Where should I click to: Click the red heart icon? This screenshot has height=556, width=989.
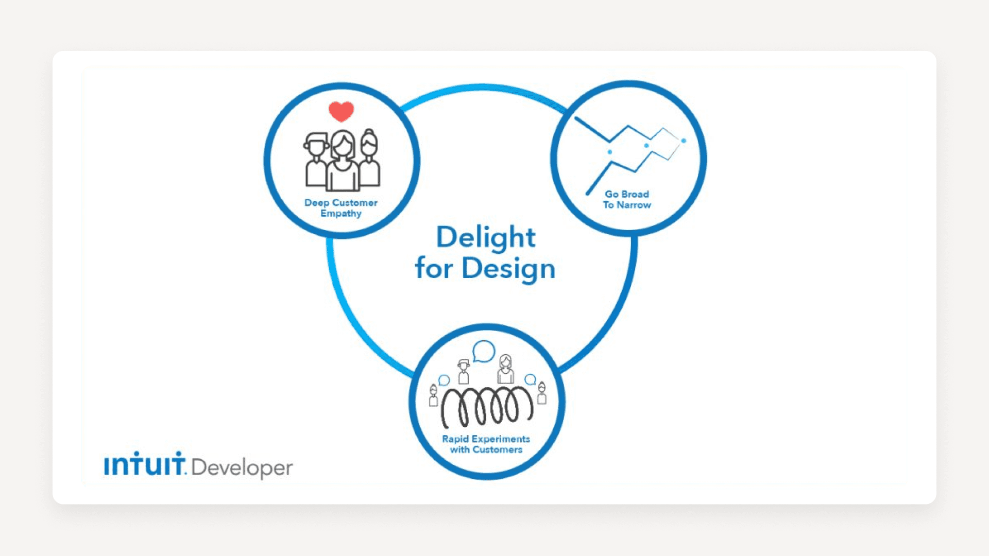click(x=341, y=111)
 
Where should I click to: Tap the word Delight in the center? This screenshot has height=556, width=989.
click(x=486, y=237)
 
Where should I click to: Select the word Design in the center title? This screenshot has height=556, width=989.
click(x=508, y=269)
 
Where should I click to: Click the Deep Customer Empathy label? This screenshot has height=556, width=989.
click(x=341, y=208)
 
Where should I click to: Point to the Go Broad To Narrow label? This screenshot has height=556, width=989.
click(x=627, y=200)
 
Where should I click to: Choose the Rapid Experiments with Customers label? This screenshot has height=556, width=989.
click(x=486, y=444)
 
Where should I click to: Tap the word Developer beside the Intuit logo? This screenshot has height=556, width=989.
click(x=242, y=467)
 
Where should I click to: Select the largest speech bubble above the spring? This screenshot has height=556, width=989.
click(x=484, y=351)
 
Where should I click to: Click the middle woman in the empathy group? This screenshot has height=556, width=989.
click(x=342, y=161)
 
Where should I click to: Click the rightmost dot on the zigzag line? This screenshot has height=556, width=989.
click(x=684, y=141)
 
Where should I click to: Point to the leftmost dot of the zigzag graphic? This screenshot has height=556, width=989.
click(x=610, y=152)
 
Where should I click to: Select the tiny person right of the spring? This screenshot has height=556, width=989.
click(x=541, y=393)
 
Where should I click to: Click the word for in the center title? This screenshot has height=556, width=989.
click(x=434, y=269)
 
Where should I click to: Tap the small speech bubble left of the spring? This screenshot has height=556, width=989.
click(x=444, y=380)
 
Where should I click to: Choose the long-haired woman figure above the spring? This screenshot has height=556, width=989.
click(x=506, y=369)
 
